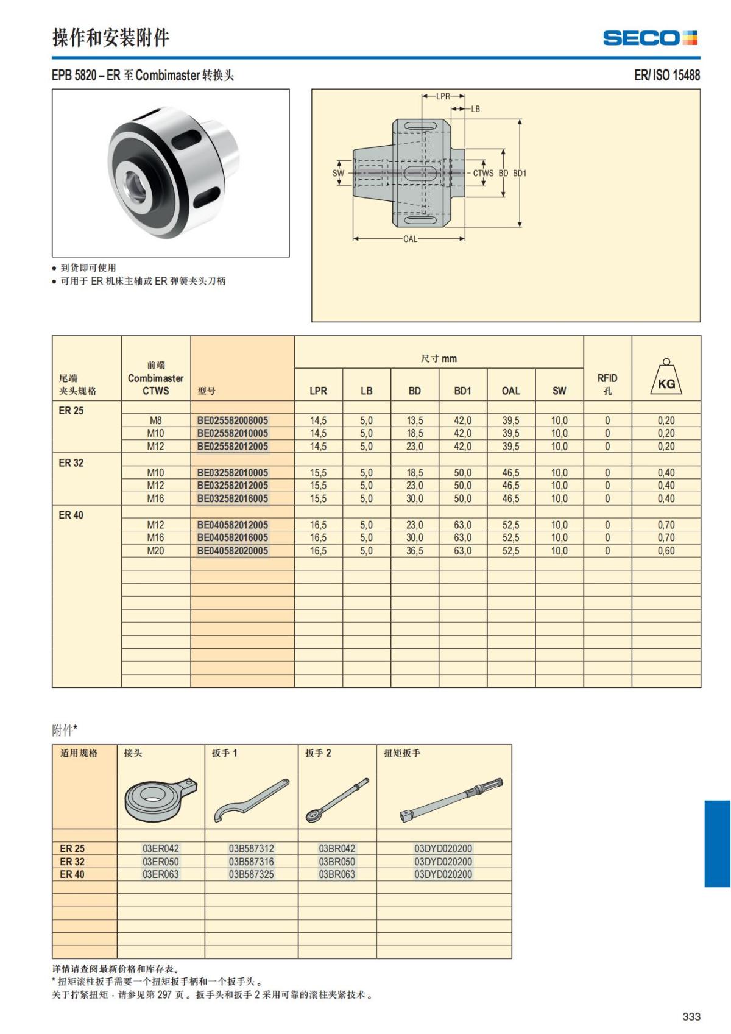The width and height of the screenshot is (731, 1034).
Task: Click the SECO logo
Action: pos(649,38)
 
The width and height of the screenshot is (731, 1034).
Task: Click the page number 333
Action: pos(691,1016)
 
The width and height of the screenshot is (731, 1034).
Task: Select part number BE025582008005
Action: pos(233,420)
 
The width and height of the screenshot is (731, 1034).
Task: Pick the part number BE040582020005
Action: pos(233,551)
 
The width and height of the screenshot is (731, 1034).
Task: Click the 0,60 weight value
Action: pos(666,551)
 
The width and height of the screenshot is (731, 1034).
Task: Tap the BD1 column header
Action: pos(462,391)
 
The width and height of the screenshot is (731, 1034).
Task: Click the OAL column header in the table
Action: pos(510,391)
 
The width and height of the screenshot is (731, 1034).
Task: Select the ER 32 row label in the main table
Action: pos(71,463)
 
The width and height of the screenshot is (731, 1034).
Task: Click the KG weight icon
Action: pos(666,378)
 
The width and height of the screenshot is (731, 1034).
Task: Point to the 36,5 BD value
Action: pos(414,551)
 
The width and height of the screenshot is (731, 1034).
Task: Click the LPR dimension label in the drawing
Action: pos(443,96)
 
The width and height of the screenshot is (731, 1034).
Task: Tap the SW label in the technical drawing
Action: pos(338,173)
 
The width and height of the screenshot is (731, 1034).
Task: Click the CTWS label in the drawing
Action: pos(483,173)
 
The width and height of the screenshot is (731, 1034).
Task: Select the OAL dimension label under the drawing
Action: pos(410,239)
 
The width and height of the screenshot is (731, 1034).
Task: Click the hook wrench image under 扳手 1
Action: pos(251,801)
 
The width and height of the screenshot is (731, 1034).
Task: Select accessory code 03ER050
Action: pos(161,862)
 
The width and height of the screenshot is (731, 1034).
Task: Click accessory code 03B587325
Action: pos(251,874)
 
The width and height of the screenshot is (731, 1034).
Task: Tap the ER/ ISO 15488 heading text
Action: pos(666,75)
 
